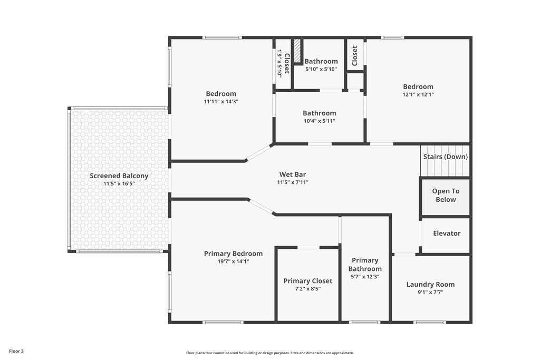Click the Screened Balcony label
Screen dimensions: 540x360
pos(119,176)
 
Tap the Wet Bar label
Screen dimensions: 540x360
pos(292,174)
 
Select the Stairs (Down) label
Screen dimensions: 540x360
pos(445,157)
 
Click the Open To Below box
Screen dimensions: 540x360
pos(446,197)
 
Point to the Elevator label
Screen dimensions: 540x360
pos(447,233)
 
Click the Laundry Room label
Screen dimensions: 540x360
pos(430,285)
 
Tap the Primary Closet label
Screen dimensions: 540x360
pos(308,281)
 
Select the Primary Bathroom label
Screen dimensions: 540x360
pos(365,265)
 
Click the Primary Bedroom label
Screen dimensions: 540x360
pos(233,254)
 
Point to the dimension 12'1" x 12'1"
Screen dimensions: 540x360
pos(418,95)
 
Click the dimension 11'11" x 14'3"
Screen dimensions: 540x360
pos(221,102)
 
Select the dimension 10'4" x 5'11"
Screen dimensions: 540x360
pos(319,121)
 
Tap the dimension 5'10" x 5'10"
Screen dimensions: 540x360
pos(321,69)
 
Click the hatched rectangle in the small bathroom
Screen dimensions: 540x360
pos(297,51)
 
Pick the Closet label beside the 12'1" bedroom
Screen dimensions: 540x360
pos(355,56)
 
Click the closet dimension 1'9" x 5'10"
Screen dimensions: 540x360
pos(279,64)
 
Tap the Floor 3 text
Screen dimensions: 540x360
pos(16,352)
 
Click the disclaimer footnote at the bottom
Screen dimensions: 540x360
pos(270,353)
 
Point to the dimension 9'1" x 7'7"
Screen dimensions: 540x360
pos(430,293)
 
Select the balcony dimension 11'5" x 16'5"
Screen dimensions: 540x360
pos(119,184)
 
